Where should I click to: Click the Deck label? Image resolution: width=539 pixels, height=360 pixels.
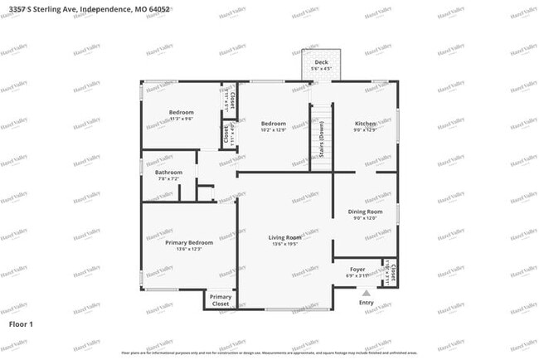click(319, 63)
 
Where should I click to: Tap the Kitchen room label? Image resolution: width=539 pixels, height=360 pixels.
click(366, 124)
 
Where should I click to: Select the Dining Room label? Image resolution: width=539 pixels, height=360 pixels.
click(365, 212)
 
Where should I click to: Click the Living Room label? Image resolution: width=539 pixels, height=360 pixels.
click(284, 238)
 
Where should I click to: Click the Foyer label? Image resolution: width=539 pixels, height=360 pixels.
click(357, 270)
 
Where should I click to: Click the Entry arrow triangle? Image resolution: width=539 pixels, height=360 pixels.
click(366, 292)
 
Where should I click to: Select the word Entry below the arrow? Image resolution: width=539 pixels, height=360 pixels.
click(366, 303)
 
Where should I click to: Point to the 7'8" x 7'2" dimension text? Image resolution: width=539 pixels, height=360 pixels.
click(168, 178)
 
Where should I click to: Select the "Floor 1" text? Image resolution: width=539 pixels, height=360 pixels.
click(21, 324)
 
